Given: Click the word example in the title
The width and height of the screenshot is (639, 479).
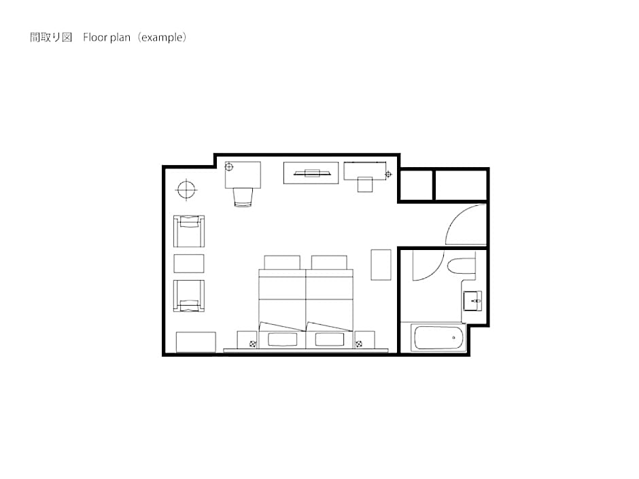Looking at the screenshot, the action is pyautogui.click(x=162, y=37).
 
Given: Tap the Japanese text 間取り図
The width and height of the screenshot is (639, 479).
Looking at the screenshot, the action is pyautogui.click(x=51, y=37).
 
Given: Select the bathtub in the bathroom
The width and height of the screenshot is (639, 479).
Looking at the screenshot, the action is pyautogui.click(x=438, y=338).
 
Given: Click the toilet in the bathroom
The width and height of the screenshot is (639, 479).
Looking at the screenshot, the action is pyautogui.click(x=462, y=266).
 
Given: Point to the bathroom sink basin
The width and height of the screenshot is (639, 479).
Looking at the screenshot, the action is pyautogui.click(x=472, y=301).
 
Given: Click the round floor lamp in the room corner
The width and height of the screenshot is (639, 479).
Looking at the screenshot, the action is pyautogui.click(x=186, y=190).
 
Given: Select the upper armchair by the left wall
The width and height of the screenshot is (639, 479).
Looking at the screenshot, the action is pyautogui.click(x=189, y=231).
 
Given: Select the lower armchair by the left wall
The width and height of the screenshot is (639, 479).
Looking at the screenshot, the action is pyautogui.click(x=189, y=296).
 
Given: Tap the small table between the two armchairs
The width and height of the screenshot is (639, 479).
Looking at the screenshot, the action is pyautogui.click(x=189, y=264).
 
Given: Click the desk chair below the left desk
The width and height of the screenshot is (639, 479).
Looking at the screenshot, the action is pyautogui.click(x=243, y=197).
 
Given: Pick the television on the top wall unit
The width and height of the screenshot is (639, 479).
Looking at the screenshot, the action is pyautogui.click(x=312, y=173).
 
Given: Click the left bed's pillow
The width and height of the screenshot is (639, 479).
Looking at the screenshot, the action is pyautogui.click(x=282, y=339).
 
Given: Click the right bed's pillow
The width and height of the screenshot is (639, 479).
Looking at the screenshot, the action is pyautogui.click(x=329, y=339).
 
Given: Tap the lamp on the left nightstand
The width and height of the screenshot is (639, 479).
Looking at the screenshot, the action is pyautogui.click(x=253, y=344).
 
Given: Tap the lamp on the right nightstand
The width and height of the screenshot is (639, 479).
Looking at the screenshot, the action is pyautogui.click(x=359, y=344).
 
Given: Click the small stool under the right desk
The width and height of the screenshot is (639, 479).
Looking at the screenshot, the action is pyautogui.click(x=365, y=184).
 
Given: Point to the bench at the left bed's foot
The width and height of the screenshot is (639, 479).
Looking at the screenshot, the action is pyautogui.click(x=282, y=262).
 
